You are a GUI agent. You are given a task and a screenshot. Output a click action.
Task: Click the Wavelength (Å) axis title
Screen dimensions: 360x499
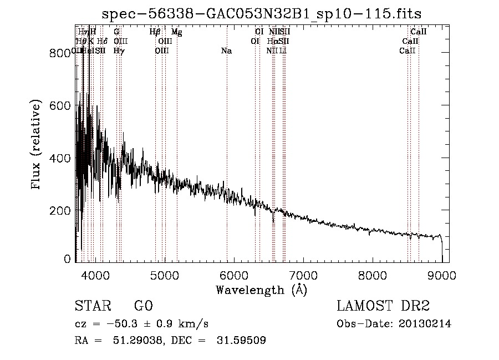point(261,290)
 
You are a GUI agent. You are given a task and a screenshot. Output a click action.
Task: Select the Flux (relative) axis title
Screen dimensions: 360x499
point(37,145)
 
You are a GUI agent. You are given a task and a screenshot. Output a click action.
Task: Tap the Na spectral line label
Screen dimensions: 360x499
point(226,51)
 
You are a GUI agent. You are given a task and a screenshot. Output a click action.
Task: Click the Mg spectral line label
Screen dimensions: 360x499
point(177,32)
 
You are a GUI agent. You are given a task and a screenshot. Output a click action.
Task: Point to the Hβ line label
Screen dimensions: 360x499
point(155,32)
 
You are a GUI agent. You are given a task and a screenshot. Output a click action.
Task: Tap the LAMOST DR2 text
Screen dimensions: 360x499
point(383,306)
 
